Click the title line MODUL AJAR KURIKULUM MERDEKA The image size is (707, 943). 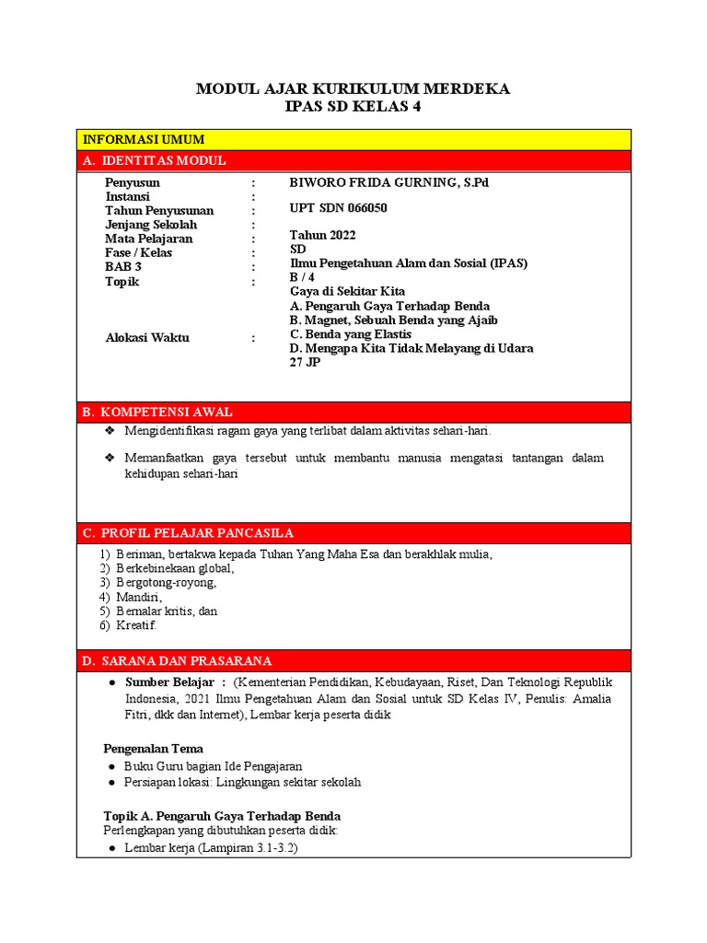click(353, 88)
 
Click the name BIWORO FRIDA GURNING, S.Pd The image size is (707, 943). click(388, 182)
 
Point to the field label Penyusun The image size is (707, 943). click(133, 182)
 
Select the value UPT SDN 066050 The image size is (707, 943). click(338, 208)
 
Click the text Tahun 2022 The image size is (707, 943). click(322, 235)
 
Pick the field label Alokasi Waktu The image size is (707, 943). click(147, 337)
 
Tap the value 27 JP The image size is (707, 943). click(305, 362)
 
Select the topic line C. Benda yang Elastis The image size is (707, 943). click(350, 333)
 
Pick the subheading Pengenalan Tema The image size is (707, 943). click(153, 748)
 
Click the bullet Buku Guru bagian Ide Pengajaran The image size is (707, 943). click(213, 765)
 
